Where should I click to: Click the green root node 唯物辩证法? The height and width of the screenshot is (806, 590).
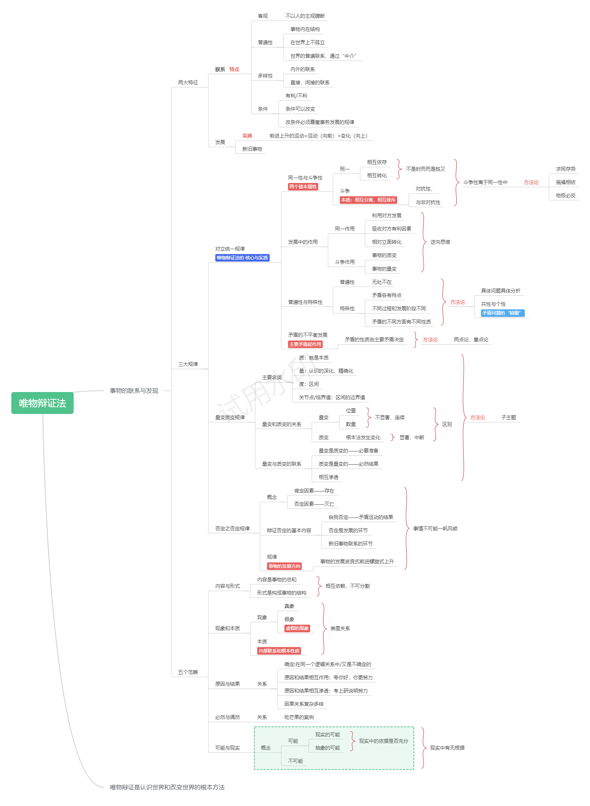tap(42, 403)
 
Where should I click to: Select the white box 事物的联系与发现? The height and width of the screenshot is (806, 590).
tap(134, 391)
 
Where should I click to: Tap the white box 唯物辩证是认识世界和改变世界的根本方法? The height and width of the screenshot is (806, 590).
tap(167, 787)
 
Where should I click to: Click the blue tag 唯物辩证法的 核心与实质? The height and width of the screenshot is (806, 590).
tap(242, 258)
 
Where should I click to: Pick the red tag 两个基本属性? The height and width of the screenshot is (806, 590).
tap(303, 187)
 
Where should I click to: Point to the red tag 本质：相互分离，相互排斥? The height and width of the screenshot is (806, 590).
tap(368, 200)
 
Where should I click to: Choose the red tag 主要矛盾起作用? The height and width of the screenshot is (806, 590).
tap(305, 344)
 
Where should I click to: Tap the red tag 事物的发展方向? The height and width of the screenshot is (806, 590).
tap(284, 566)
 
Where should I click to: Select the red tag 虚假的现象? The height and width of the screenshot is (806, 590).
tap(297, 628)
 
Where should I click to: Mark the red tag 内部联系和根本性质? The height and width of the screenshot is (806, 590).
tap(279, 651)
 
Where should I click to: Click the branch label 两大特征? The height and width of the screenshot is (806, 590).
tap(188, 82)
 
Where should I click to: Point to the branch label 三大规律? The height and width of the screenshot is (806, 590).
tap(188, 364)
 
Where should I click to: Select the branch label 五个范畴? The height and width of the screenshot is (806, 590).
tap(188, 672)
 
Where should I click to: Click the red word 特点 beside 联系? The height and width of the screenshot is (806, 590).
tap(234, 69)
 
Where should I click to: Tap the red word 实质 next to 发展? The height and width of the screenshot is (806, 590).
tap(247, 136)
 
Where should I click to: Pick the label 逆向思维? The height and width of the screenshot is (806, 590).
tap(440, 242)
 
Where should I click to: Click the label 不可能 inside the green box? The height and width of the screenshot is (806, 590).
tap(295, 761)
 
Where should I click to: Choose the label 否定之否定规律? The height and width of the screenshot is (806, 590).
tap(232, 529)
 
